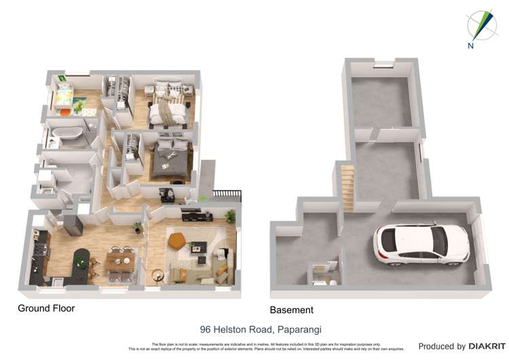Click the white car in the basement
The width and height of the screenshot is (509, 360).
pyautogui.click(x=421, y=244)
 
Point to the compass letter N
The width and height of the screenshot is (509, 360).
pyautogui.click(x=471, y=46)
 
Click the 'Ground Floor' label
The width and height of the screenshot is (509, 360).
pyautogui.click(x=46, y=308)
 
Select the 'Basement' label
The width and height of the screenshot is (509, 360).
pyautogui.click(x=292, y=310)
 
